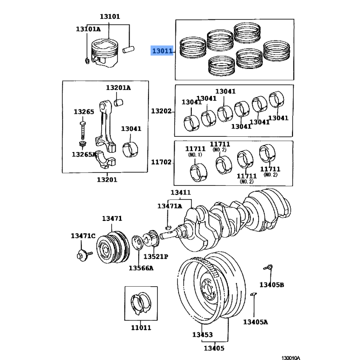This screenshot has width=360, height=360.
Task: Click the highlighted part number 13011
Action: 162,51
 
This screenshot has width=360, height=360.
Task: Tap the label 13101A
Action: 88,29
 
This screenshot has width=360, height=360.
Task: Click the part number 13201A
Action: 118,87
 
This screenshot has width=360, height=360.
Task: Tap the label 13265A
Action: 84,154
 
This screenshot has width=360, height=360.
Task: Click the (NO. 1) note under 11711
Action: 195,155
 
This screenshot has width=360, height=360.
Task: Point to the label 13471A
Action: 170,206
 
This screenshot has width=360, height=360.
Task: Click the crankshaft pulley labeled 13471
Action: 112,248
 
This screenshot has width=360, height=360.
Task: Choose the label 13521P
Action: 156,256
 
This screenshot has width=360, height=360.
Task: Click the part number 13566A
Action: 141,268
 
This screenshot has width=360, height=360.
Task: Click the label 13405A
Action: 255,322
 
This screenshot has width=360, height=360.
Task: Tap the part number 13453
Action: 202,335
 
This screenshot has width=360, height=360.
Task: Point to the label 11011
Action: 139,327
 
